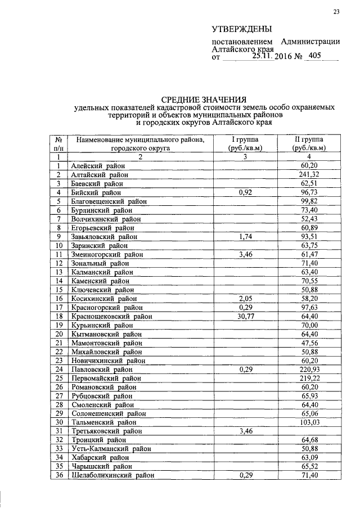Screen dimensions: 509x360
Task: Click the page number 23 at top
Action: coord(336,12)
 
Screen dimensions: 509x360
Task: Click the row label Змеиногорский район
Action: coord(107,254)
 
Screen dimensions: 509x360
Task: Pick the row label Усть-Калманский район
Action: coord(110,449)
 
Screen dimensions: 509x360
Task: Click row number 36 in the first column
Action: coord(58,475)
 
